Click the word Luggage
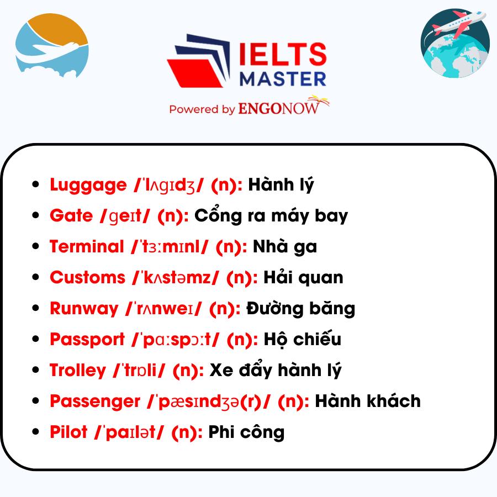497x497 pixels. tap(88, 185)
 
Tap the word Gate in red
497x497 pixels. tap(71, 215)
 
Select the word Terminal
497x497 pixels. tap(87, 246)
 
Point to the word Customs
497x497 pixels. tap(88, 277)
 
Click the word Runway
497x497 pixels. tap(84, 309)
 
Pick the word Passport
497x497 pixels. tap(87, 340)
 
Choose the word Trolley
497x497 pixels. tap(78, 371)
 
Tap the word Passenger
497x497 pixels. tap(95, 401)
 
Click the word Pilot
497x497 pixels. tap(68, 432)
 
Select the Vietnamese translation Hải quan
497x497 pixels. tap(303, 277)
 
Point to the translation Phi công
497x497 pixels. tap(246, 432)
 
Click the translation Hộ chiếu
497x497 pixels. tap(303, 339)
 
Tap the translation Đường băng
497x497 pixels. tap(301, 308)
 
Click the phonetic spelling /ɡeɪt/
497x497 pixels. tap(125, 216)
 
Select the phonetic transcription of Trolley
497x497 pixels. tap(139, 370)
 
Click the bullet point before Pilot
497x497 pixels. tap(35, 431)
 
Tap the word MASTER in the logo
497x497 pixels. tap(283, 79)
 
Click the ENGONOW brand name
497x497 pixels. tap(279, 108)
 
